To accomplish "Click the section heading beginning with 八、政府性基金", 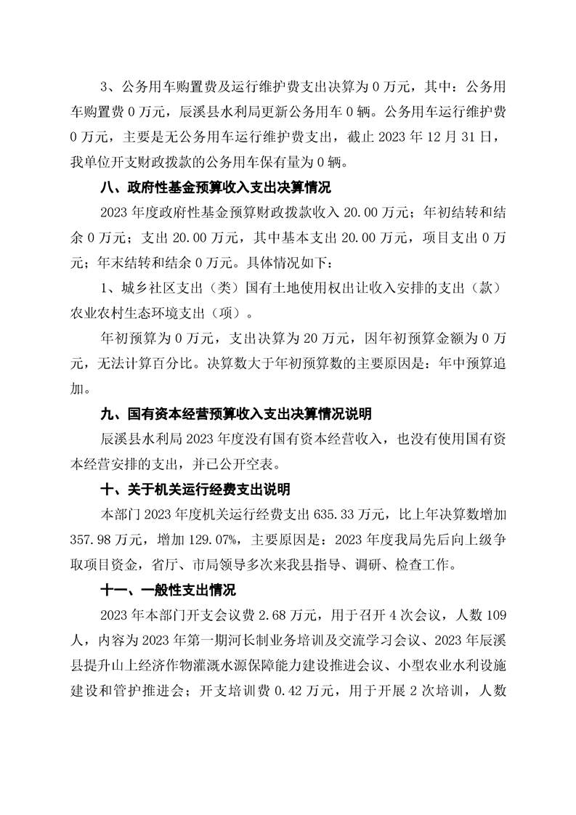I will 215,189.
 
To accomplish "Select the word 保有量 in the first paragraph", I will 281,162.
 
